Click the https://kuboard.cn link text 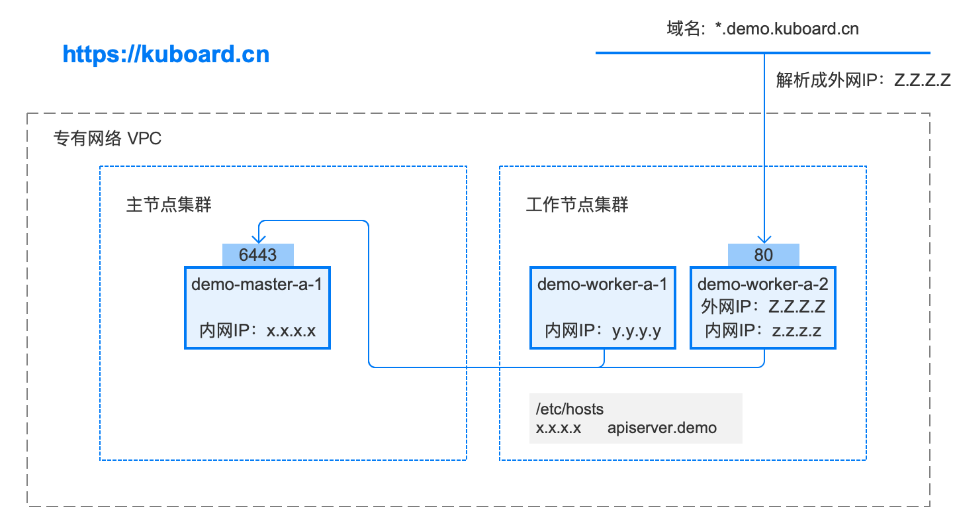click(166, 54)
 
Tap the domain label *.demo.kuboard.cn click(787, 29)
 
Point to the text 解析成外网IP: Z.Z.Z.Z click(863, 80)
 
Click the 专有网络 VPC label click(107, 138)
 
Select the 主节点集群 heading click(169, 205)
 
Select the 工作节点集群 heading click(577, 205)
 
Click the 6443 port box click(258, 255)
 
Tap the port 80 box click(764, 255)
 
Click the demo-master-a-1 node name click(257, 284)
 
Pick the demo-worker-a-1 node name click(602, 284)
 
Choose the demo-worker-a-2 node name click(763, 284)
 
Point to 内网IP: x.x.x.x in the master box click(257, 330)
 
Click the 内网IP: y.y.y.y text click(603, 330)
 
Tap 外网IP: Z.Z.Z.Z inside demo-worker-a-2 click(763, 307)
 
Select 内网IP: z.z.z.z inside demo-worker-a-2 click(763, 330)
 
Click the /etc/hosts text click(569, 409)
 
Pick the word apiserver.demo click(662, 428)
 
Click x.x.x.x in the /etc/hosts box click(558, 428)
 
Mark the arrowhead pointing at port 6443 click(259, 239)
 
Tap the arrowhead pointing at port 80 click(764, 239)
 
